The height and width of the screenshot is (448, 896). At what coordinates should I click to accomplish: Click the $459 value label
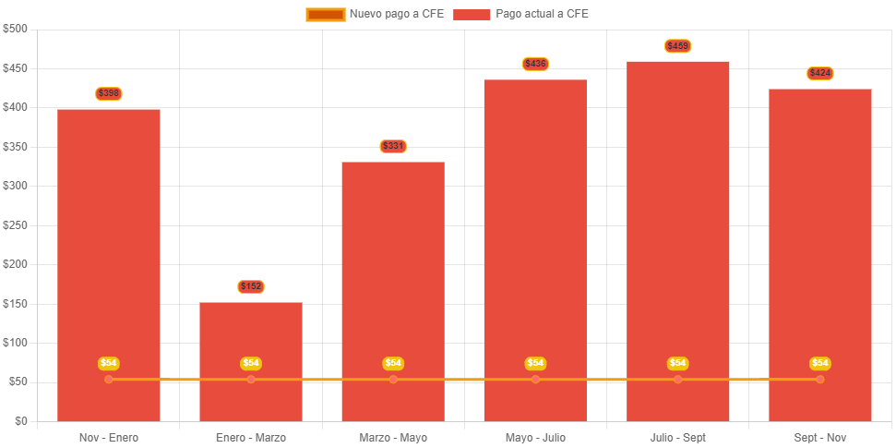click(678, 46)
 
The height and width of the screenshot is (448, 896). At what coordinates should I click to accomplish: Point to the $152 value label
click(251, 286)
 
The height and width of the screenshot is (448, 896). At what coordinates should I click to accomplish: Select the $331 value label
click(393, 146)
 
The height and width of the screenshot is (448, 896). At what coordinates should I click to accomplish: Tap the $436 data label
click(535, 64)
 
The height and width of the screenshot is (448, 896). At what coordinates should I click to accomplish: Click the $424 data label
click(820, 73)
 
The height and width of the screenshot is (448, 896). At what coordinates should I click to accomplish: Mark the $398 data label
click(109, 93)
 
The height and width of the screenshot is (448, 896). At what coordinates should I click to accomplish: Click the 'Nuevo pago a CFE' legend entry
click(375, 14)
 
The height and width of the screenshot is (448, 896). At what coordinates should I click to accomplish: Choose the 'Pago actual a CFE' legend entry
click(521, 14)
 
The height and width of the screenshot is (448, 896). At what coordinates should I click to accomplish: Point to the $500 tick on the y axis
click(16, 29)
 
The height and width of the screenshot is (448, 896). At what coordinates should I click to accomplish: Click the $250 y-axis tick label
click(16, 224)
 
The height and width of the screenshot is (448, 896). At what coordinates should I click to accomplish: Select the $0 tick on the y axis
click(20, 420)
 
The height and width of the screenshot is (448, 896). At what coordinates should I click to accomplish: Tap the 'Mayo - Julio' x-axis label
click(535, 437)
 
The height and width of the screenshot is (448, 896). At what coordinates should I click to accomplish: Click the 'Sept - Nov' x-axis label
click(820, 437)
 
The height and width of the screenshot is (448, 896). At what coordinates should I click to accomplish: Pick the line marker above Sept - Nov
click(820, 380)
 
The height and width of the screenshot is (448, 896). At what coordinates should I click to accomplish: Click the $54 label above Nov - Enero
click(109, 363)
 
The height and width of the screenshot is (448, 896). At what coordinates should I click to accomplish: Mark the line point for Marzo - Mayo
click(393, 380)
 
